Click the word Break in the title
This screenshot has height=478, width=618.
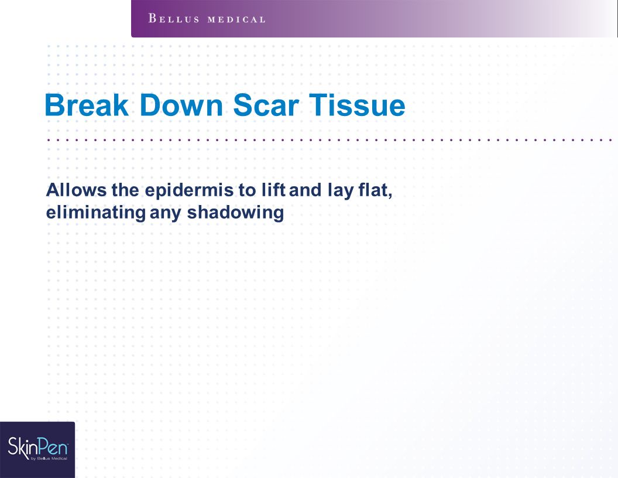[x=87, y=105]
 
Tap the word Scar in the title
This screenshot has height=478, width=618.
[x=266, y=105]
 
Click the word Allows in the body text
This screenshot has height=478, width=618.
[x=76, y=190]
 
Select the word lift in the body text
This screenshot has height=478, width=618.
[x=273, y=190]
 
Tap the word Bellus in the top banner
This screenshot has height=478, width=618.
[x=174, y=19]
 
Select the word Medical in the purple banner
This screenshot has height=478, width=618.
[x=236, y=19]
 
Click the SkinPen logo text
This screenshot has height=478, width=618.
[x=38, y=447]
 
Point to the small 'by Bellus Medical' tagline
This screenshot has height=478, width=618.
[x=49, y=458]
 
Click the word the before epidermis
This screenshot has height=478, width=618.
[x=125, y=190]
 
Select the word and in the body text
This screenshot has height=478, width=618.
[x=305, y=190]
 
